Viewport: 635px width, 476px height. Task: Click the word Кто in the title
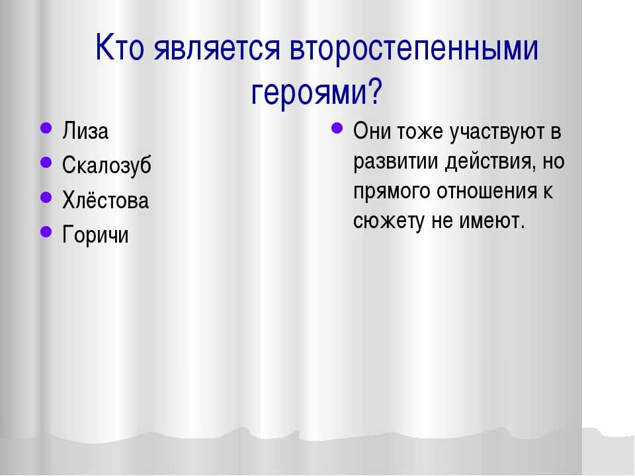click(x=120, y=47)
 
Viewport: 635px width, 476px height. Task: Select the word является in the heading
click(x=217, y=48)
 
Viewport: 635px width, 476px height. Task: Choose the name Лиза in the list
click(x=85, y=131)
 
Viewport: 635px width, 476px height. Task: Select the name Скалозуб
click(x=107, y=165)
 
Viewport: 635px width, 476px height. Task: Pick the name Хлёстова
click(x=106, y=200)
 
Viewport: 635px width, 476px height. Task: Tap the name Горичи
click(x=95, y=235)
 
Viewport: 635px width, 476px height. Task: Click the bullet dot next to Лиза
click(x=46, y=128)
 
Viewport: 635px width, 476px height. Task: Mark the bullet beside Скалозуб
click(x=46, y=163)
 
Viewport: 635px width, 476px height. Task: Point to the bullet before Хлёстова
click(x=46, y=197)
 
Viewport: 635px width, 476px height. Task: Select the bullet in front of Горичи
click(x=46, y=231)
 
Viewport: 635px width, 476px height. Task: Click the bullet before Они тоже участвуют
click(x=337, y=128)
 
